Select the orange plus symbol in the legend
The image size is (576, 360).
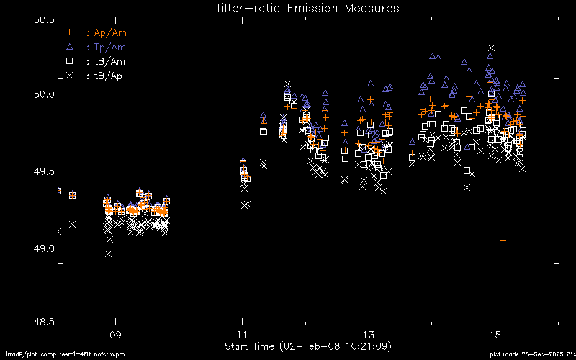pos(70,32)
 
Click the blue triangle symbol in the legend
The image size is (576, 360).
pos(70,47)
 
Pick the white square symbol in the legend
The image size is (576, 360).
pos(70,61)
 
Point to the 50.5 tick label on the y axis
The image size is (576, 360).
pos(44,19)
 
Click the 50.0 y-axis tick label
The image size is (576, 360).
pos(44,94)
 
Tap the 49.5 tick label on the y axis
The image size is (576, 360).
pos(44,171)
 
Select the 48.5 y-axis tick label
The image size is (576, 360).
pos(44,323)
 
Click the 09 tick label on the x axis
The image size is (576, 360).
pos(114,336)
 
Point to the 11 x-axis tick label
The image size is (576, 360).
pos(242,336)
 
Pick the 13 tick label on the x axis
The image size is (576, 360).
pos(369,336)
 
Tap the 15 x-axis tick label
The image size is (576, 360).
pos(495,336)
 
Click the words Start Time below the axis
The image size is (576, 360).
pos(250,346)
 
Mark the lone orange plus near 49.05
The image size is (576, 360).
pos(503,240)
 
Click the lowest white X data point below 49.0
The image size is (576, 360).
pos(108,253)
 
